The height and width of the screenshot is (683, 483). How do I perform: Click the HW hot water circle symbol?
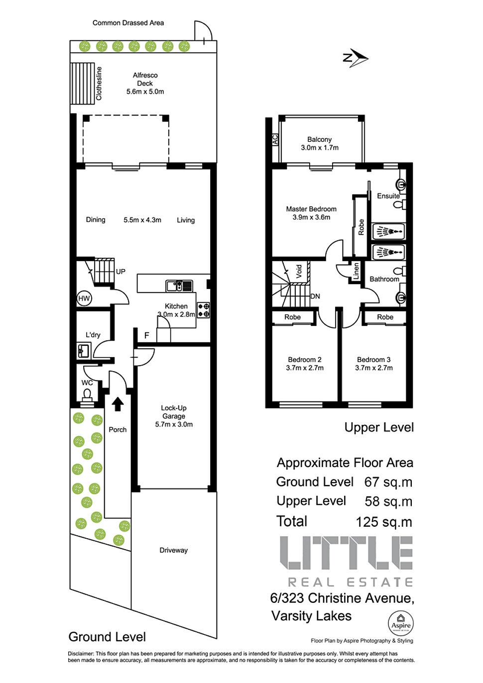tap(84, 298)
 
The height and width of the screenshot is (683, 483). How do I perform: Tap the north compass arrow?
tap(356, 58)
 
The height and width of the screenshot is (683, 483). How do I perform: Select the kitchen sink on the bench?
tap(179, 286)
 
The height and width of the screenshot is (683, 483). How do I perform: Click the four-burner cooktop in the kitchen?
tap(203, 309)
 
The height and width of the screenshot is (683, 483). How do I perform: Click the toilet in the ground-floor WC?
tap(87, 394)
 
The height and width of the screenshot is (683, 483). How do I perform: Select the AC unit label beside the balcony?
tap(275, 139)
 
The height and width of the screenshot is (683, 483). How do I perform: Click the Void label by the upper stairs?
tap(299, 271)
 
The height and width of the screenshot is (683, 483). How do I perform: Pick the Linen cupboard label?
tap(356, 271)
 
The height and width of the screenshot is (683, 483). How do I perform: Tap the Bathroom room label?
tap(384, 279)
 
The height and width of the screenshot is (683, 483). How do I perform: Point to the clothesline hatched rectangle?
tap(82, 84)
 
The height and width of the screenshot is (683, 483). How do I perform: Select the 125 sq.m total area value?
tap(384, 522)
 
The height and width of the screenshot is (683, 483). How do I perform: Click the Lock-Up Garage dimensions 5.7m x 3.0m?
tap(174, 424)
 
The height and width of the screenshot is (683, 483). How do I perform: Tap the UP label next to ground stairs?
tap(121, 272)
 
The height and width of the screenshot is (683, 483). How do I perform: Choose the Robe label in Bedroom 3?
tap(385, 317)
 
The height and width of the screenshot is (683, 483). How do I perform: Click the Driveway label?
tap(174, 550)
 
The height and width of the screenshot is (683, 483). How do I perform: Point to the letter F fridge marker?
tap(147, 335)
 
